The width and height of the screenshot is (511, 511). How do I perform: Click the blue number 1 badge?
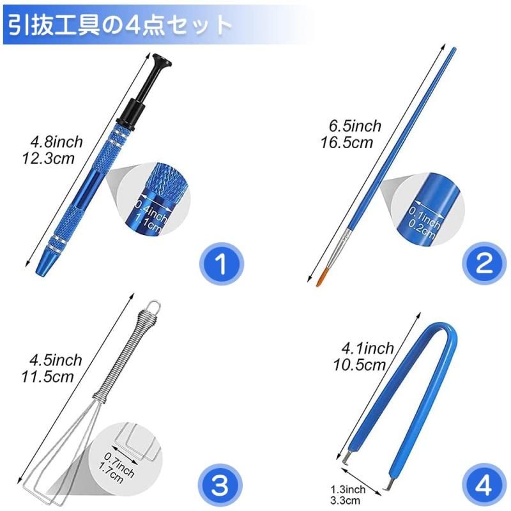point(221,264)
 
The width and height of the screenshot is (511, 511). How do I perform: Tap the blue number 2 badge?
point(484,264)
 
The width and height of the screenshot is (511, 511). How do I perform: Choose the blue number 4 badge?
point(484,485)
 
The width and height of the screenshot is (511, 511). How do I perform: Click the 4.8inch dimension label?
point(56,142)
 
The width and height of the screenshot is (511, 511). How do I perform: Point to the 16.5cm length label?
point(347,142)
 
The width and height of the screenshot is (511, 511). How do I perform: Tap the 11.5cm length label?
point(47,377)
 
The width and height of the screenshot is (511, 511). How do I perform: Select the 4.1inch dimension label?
point(368,349)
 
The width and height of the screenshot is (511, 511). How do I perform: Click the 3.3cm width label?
point(345,500)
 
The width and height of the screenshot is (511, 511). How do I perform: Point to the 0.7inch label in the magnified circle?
point(119,464)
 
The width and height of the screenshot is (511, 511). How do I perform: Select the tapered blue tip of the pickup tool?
point(43,264)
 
